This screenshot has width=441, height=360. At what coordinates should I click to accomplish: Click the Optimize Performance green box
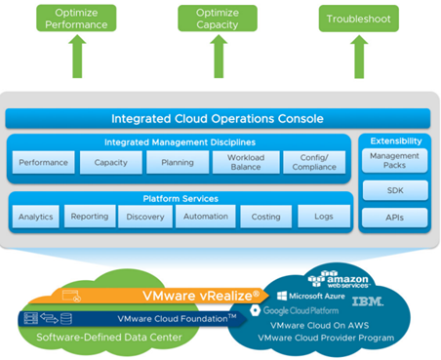click(76, 19)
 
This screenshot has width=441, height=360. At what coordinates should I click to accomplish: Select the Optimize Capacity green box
click(218, 19)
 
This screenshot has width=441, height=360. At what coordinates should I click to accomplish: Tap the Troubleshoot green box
click(358, 19)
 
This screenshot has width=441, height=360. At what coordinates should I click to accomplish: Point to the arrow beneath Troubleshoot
click(359, 57)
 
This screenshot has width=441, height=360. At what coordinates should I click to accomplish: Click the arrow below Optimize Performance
click(77, 57)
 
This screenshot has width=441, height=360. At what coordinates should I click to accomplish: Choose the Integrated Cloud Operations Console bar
click(218, 119)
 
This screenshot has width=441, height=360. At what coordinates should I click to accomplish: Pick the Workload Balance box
click(246, 162)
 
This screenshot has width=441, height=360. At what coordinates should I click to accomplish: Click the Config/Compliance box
click(314, 162)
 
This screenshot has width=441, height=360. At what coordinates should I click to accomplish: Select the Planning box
click(178, 162)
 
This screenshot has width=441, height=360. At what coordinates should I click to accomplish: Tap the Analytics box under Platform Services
click(36, 217)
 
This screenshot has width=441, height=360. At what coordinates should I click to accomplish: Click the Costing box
click(265, 217)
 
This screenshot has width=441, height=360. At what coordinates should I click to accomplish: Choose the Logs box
click(324, 217)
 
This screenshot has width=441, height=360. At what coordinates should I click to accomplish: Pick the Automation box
click(206, 217)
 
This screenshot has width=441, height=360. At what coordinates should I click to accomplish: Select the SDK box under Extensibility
click(395, 190)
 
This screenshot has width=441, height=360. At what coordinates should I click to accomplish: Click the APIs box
click(395, 218)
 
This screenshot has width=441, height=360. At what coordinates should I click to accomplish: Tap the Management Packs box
click(394, 161)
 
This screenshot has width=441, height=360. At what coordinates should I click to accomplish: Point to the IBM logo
click(368, 301)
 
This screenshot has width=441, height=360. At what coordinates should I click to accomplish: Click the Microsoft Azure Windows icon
click(282, 296)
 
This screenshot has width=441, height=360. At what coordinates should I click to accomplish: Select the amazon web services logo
click(339, 279)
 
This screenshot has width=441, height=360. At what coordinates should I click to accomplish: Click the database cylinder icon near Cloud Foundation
click(66, 319)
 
